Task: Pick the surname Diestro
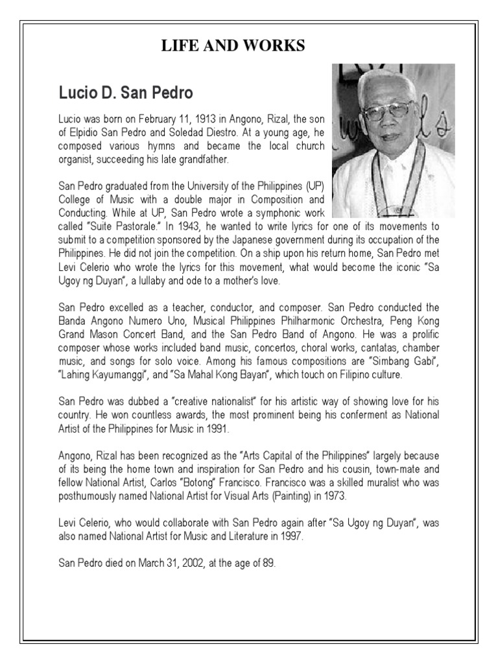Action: pyautogui.click(x=224, y=134)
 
